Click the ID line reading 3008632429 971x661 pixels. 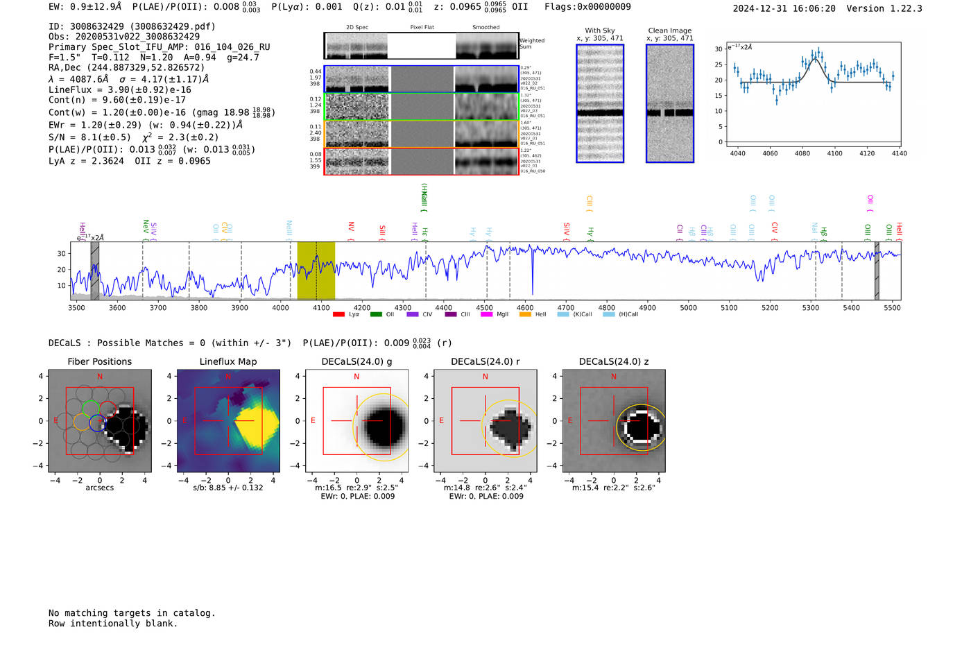(132, 26)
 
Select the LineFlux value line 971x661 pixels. (119, 89)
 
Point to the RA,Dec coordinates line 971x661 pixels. (126, 68)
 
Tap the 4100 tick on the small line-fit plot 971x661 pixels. (834, 153)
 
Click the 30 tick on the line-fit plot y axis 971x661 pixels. (719, 49)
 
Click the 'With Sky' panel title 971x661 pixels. (599, 31)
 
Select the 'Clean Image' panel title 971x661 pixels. (669, 31)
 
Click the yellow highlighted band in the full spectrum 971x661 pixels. (316, 271)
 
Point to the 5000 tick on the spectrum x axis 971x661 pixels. (688, 308)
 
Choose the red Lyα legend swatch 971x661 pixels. (338, 315)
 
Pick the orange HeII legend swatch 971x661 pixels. (525, 315)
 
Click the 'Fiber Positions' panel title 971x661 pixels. (99, 361)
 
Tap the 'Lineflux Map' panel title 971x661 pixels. (227, 361)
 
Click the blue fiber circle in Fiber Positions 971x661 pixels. (97, 422)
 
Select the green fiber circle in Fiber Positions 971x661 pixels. (90, 407)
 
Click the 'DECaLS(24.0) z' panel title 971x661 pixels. (613, 361)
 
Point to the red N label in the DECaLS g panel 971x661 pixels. (356, 377)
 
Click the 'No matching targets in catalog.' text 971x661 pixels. (132, 613)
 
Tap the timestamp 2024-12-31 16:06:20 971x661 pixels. (784, 8)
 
